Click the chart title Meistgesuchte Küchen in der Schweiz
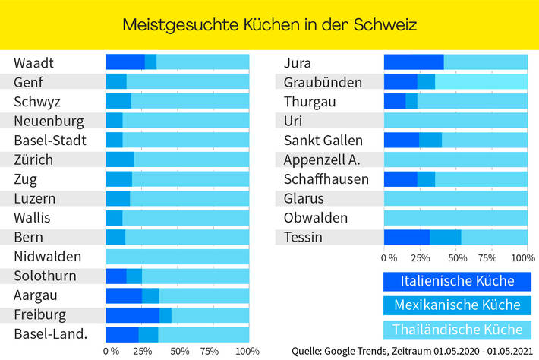point(269,24)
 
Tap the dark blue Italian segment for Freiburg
point(132,314)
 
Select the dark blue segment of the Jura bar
point(414,62)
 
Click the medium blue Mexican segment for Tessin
point(446,238)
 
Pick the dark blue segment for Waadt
point(125,62)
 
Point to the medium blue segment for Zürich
point(119,159)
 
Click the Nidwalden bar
point(177,257)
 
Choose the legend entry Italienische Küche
point(457,281)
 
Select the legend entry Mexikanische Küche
point(457,305)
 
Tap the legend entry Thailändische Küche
point(457,330)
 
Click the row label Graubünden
point(323,82)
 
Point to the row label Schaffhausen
point(326,179)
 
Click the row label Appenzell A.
point(322,159)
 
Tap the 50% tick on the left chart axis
point(179,352)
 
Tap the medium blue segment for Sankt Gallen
point(430,140)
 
